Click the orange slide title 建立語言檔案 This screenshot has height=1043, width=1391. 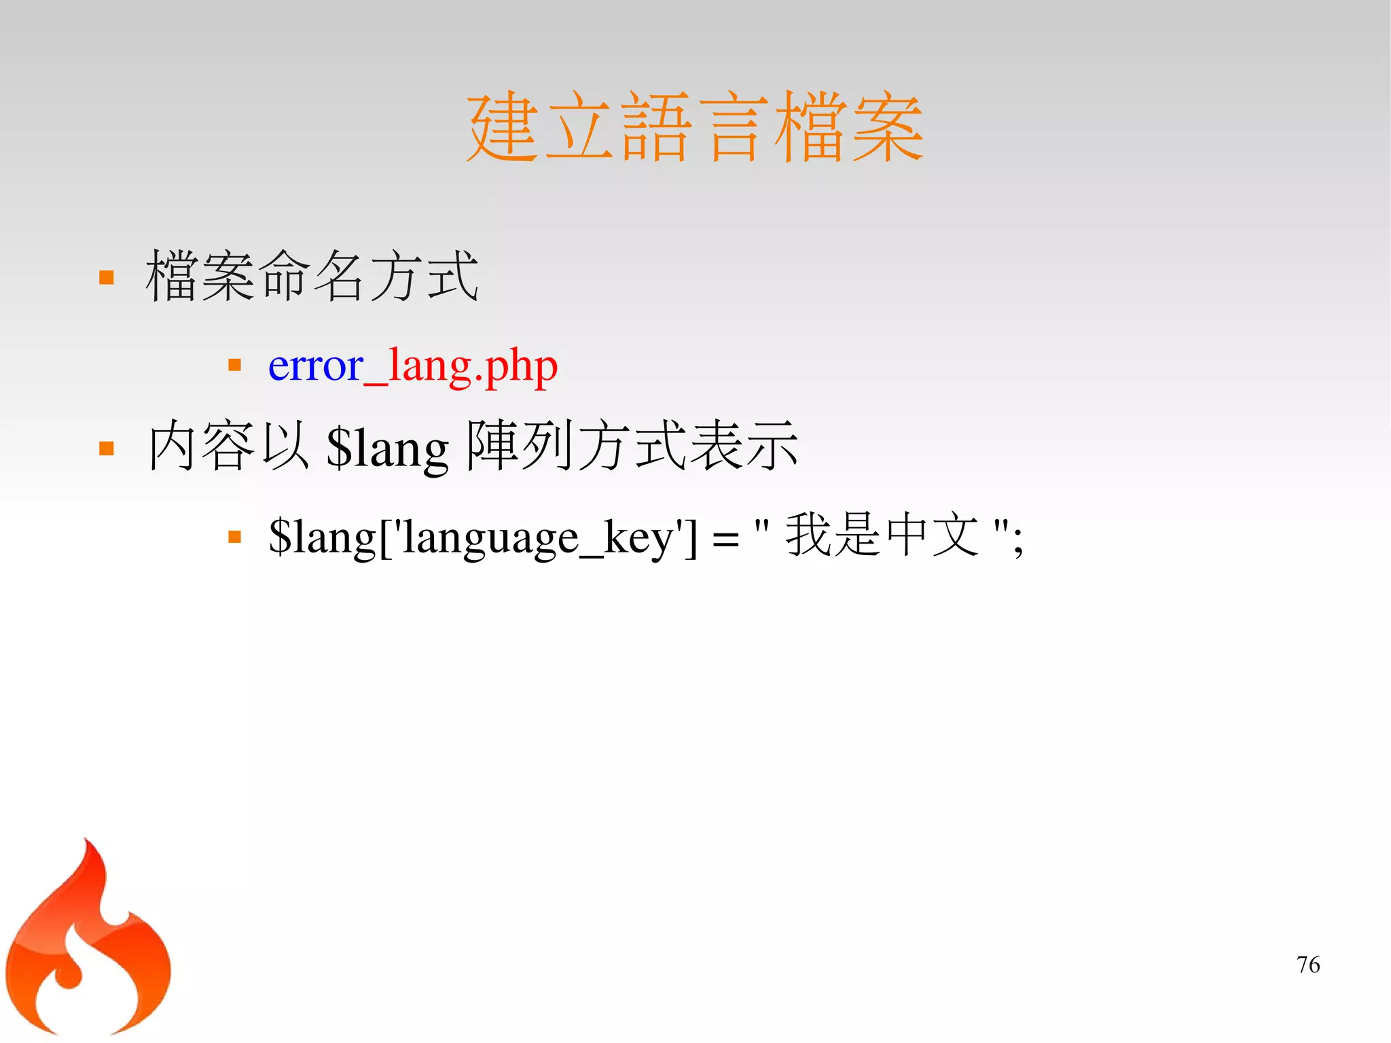tap(694, 128)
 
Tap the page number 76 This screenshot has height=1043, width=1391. tap(1307, 965)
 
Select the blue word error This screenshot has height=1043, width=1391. tap(315, 367)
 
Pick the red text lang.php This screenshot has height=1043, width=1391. tap(473, 368)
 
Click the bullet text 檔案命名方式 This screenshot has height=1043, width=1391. tap(312, 276)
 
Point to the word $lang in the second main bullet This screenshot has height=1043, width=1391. tap(387, 448)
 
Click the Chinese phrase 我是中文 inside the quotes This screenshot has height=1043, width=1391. tap(882, 535)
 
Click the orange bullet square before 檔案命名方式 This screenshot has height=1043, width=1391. tap(107, 277)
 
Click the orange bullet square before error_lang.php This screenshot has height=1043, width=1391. tap(235, 366)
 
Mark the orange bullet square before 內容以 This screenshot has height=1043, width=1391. tap(107, 448)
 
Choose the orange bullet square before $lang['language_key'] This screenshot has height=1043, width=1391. tap(235, 537)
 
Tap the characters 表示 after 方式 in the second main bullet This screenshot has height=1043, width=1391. tap(744, 446)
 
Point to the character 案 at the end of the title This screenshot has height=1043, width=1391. tap(887, 128)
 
